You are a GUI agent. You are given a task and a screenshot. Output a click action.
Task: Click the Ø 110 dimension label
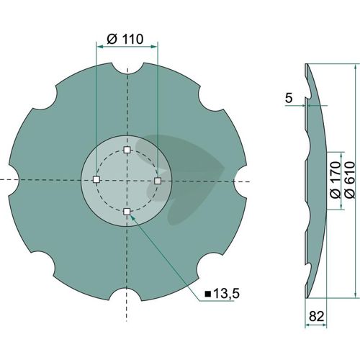pos(125,39)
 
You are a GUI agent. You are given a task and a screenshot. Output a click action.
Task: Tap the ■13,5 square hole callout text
pos(222,293)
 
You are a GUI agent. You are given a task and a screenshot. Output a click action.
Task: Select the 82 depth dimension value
pos(317,316)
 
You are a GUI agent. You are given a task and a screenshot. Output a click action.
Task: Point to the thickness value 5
pos(289,98)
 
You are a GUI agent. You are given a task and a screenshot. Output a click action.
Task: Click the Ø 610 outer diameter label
pos(350,180)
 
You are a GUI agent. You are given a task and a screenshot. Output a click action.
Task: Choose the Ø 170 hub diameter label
pos(336,180)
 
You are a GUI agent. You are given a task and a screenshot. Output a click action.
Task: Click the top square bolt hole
pos(127,150)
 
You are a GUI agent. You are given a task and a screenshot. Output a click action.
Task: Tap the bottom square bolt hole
pos(127,212)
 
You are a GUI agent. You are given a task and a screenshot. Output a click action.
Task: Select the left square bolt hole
pos(96,179)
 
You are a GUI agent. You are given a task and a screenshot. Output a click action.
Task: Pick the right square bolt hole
pos(158,181)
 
